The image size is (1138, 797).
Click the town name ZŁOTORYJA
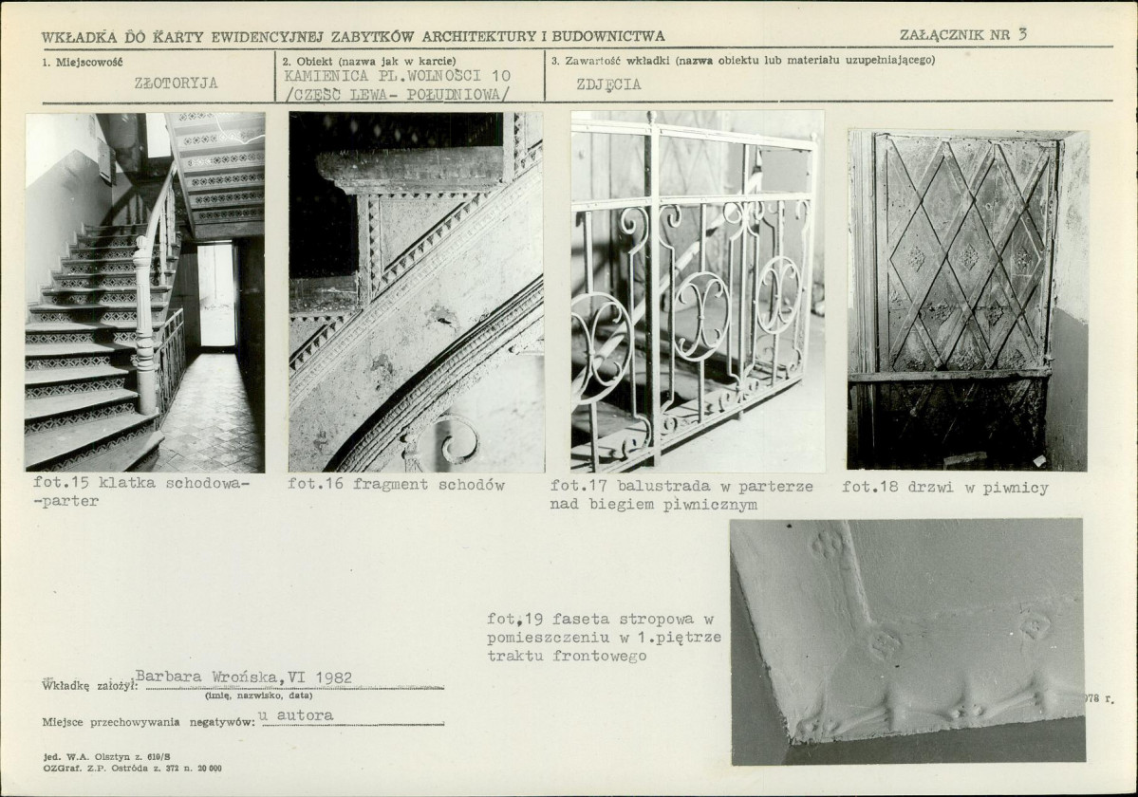(x=176, y=83)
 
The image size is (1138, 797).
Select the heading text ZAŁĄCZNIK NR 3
(x=963, y=34)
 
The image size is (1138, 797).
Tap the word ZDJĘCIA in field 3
(x=608, y=84)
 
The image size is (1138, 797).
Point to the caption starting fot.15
(x=140, y=491)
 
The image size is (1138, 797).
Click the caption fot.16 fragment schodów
(x=396, y=485)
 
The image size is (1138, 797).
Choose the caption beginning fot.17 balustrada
(x=681, y=494)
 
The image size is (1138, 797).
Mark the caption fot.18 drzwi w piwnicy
(x=945, y=488)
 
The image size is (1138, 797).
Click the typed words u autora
(x=296, y=715)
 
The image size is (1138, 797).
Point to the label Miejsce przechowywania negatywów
(x=148, y=722)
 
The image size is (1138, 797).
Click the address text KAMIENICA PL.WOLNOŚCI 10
(x=397, y=75)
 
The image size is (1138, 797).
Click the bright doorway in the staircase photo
(x=216, y=295)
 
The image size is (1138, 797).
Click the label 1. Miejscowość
(x=82, y=63)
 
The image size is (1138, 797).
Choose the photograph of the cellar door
(x=967, y=300)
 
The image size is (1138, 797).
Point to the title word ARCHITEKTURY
(x=483, y=36)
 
